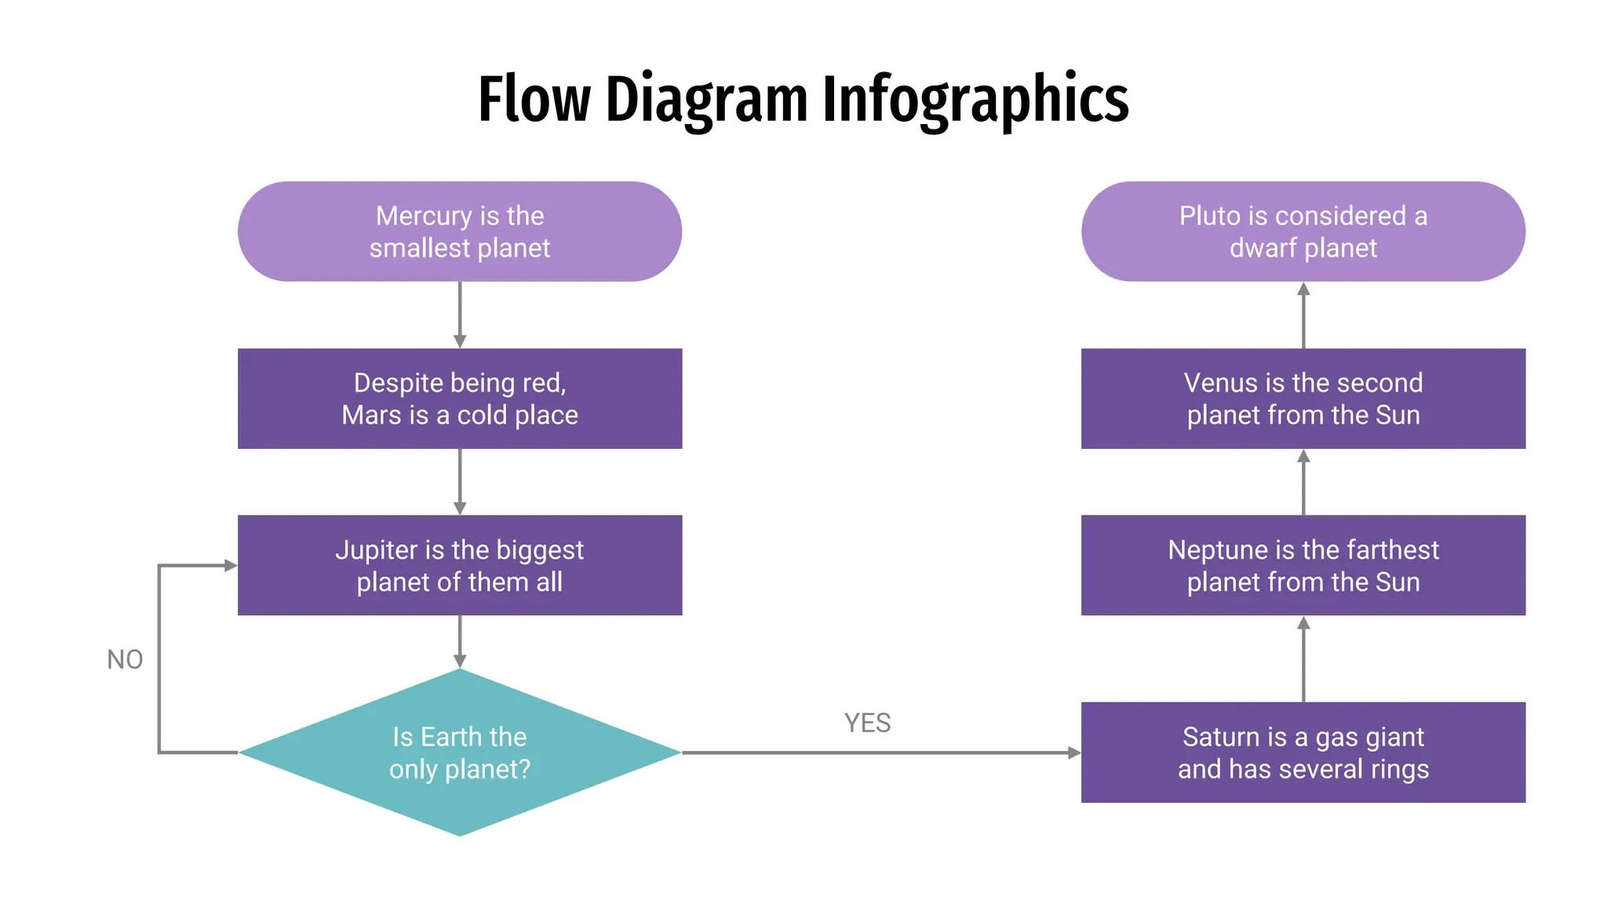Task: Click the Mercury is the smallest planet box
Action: (x=459, y=231)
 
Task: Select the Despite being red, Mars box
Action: (x=459, y=399)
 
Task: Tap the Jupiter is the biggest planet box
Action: (x=459, y=565)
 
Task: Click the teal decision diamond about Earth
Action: (x=459, y=752)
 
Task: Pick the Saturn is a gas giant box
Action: (x=1303, y=752)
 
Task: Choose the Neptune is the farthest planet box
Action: (x=1303, y=565)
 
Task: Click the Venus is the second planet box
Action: (x=1303, y=399)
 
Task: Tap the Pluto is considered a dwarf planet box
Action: (x=1303, y=231)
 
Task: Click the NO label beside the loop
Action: (x=125, y=660)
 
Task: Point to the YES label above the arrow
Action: (x=867, y=723)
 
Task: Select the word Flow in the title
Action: (x=534, y=100)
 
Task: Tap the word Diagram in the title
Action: (x=706, y=100)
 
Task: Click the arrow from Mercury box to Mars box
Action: (x=460, y=314)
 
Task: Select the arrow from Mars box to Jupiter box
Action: (x=460, y=481)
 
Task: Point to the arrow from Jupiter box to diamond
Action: (x=460, y=641)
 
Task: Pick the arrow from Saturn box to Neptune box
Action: (x=1303, y=659)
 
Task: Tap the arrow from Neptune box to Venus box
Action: (x=1303, y=482)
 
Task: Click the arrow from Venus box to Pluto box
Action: (x=1303, y=315)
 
